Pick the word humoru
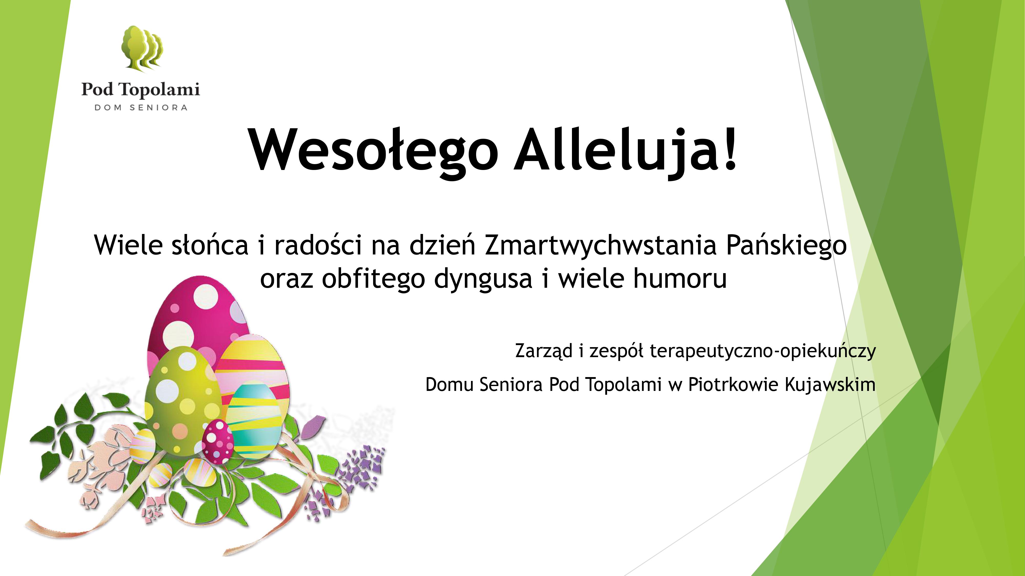coord(680,278)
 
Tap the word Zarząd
coord(544,351)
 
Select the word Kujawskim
coord(831,385)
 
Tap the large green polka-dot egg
coord(183,401)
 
